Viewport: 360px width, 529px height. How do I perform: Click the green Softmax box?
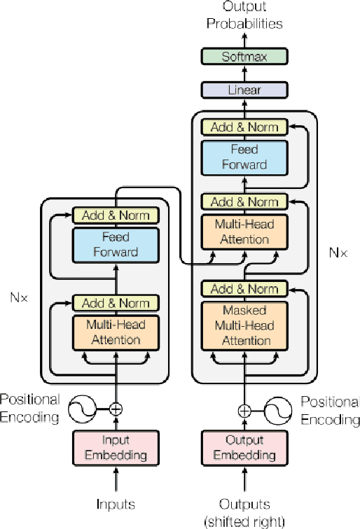click(244, 57)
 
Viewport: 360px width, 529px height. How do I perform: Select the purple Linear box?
click(244, 90)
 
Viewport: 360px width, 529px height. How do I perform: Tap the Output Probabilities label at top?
click(244, 15)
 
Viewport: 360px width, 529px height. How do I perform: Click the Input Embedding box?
click(116, 448)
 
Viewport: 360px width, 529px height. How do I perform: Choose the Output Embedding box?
click(244, 448)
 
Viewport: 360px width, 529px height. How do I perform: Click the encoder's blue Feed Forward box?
click(116, 245)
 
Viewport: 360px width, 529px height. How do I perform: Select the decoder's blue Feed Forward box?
click(244, 157)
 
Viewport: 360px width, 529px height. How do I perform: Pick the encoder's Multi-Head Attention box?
click(116, 332)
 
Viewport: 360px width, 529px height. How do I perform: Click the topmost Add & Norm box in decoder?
click(244, 127)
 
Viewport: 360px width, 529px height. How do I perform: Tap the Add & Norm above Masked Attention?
click(244, 289)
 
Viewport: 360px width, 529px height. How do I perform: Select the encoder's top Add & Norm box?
click(116, 216)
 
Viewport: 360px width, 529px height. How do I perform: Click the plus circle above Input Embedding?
click(116, 409)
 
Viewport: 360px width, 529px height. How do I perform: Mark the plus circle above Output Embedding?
click(244, 411)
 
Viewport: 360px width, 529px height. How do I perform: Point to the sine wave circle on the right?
click(278, 411)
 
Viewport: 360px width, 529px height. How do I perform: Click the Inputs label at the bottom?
click(116, 503)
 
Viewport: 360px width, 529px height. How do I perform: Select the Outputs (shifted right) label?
click(244, 511)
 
